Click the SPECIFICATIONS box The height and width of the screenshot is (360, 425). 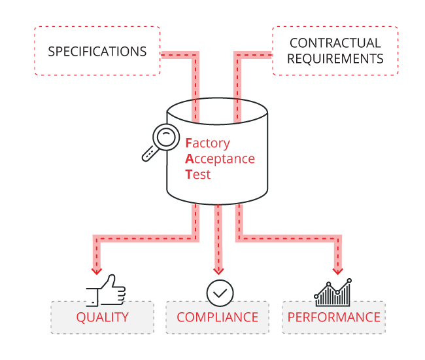point(97,51)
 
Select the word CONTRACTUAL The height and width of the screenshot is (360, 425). point(335,43)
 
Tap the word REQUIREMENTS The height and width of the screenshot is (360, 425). point(335,59)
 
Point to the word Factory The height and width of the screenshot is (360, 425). point(208,143)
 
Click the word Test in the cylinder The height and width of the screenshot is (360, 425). point(198,175)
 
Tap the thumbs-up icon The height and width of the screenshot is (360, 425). point(105,291)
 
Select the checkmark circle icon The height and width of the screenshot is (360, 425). point(220,293)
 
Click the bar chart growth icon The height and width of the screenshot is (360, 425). point(333,293)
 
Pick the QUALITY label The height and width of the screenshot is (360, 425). point(102,317)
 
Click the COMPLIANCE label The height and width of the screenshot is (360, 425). point(218,317)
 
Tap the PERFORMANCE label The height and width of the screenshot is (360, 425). point(333,317)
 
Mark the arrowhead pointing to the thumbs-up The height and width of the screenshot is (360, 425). point(97,269)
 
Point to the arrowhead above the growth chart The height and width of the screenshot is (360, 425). point(337,269)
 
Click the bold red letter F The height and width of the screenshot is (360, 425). point(189,143)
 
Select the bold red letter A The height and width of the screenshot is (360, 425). point(190,158)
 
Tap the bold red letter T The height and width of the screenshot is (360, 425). point(189,175)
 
